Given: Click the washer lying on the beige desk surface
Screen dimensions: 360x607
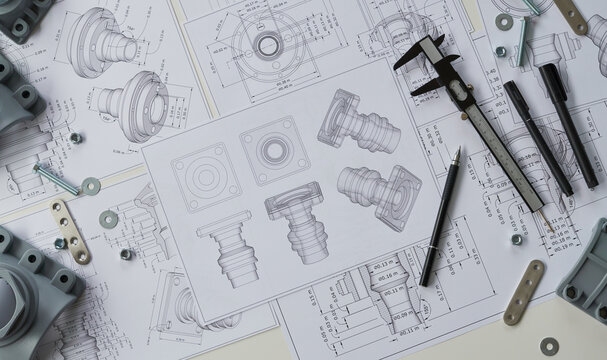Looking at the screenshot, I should click(x=549, y=346).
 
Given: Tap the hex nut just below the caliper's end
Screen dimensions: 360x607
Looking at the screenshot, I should click(x=517, y=239).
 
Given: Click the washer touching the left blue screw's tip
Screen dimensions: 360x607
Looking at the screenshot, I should click(x=91, y=185).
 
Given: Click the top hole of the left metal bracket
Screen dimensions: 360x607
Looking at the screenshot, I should click(x=58, y=208).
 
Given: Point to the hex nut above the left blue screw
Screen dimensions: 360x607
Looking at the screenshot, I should click(x=75, y=138).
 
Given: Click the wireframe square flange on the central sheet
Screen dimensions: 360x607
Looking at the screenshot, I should click(x=205, y=178).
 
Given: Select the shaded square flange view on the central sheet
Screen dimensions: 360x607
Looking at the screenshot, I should click(x=273, y=149).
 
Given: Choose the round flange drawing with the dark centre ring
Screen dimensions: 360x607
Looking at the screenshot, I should click(x=267, y=44).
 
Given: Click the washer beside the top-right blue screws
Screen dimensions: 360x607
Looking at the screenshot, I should click(x=504, y=21).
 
